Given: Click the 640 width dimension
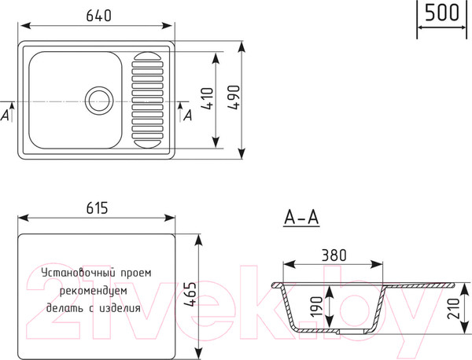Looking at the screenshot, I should pos(95,15).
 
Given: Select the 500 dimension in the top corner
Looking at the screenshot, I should pos(442,13).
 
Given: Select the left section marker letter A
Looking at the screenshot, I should pos(7,115).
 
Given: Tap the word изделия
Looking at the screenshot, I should pos(120,308).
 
